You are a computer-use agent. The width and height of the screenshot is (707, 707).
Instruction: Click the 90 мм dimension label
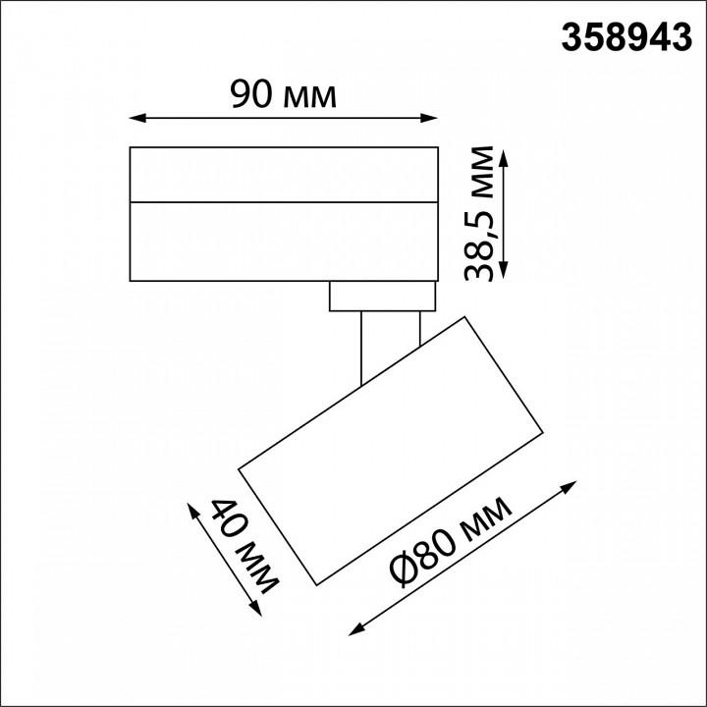(283, 95)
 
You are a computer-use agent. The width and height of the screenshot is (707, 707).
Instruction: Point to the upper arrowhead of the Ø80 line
(571, 486)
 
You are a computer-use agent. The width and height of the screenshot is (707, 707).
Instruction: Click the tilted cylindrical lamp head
(393, 452)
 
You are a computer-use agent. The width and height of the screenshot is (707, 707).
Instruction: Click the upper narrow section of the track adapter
(284, 175)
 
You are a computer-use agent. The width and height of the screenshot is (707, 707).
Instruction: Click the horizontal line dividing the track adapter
(284, 201)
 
